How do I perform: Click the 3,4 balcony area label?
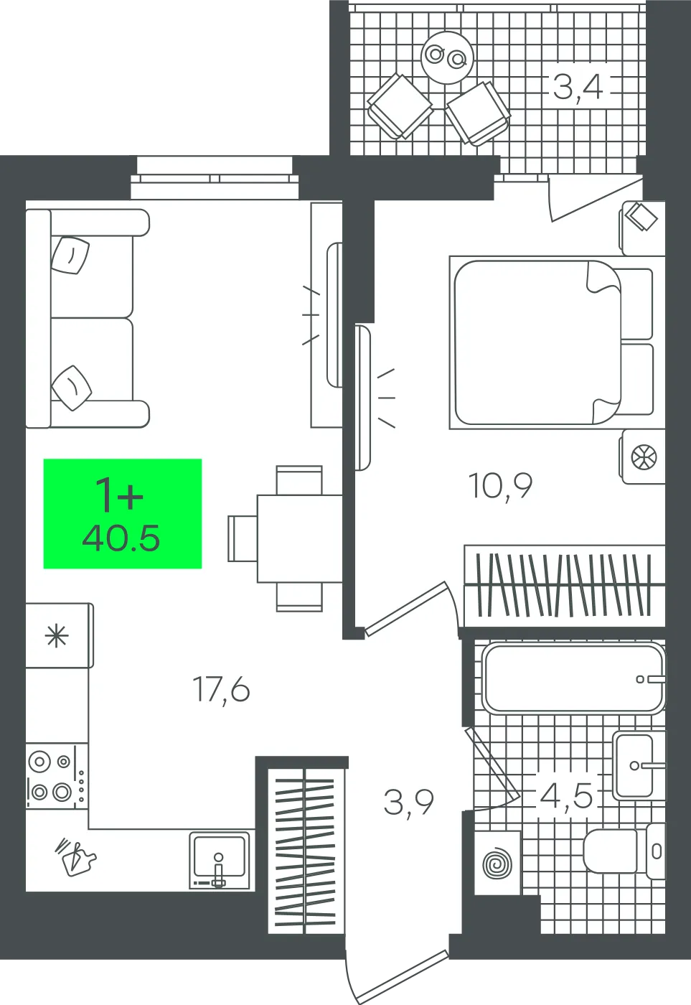tap(578, 88)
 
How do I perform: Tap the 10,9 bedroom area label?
tap(500, 485)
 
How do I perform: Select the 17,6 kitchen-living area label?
tap(220, 689)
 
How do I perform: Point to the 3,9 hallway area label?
tap(408, 803)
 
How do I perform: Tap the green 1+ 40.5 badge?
tap(123, 513)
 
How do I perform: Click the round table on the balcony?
tap(447, 57)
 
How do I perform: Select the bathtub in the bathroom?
tap(574, 679)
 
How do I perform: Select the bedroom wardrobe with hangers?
tap(565, 585)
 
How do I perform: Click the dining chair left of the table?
tap(243, 538)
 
